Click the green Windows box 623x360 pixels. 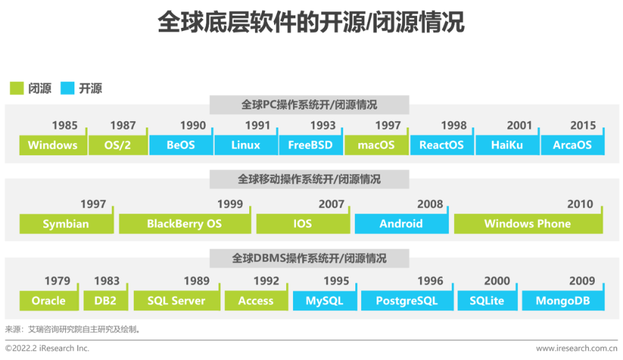click(x=52, y=145)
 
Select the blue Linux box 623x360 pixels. click(x=246, y=145)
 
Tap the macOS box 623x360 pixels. click(x=376, y=145)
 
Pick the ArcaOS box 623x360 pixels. click(x=572, y=145)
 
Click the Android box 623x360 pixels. click(x=401, y=224)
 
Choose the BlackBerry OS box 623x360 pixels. click(x=185, y=224)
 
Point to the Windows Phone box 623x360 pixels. click(x=528, y=224)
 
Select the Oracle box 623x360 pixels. click(x=48, y=301)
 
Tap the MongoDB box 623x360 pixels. click(x=562, y=301)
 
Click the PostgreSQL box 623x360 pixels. click(x=407, y=301)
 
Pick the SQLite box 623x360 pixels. click(x=487, y=301)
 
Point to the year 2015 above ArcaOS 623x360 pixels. click(x=583, y=125)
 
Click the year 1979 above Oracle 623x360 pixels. click(x=57, y=281)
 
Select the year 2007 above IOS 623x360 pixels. click(x=331, y=204)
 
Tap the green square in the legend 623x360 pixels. click(x=17, y=88)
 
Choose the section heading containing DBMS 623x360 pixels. click(x=309, y=258)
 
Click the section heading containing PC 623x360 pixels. click(x=309, y=105)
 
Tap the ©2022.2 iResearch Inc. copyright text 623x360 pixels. click(x=47, y=348)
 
